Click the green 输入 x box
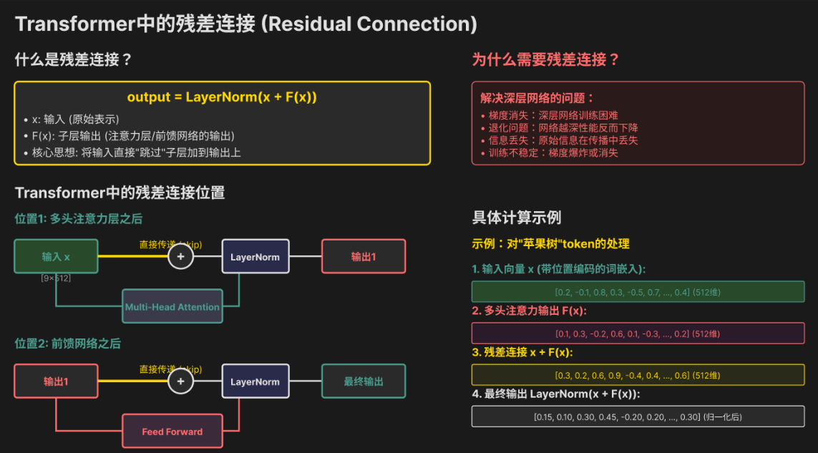coord(56,256)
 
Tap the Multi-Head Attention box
coord(172,307)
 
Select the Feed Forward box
coord(172,432)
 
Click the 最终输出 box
coord(364,381)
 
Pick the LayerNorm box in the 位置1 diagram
coord(255,256)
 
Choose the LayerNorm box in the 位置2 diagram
coord(255,381)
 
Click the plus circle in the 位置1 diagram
coord(180,256)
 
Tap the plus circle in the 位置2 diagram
coord(180,381)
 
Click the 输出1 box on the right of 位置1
coord(364,256)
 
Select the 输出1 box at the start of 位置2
coord(56,381)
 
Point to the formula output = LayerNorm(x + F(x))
coord(222,97)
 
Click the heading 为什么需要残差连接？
coord(545,59)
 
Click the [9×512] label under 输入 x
coord(56,278)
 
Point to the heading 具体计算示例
coord(517,218)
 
